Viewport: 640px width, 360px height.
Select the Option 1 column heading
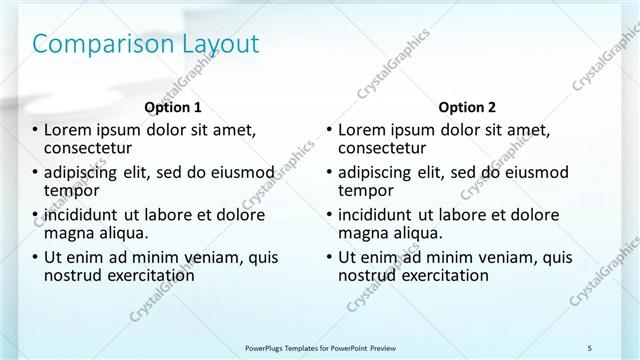click(x=173, y=107)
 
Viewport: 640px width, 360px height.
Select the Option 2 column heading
click(x=467, y=107)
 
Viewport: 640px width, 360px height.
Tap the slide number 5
click(x=590, y=347)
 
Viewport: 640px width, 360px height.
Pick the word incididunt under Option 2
click(x=377, y=215)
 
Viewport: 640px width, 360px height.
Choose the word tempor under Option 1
click(x=71, y=190)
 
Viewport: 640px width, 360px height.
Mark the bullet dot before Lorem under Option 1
click(x=35, y=130)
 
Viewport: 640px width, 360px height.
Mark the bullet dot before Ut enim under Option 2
click(x=329, y=257)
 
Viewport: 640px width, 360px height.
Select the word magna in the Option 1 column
click(x=69, y=233)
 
